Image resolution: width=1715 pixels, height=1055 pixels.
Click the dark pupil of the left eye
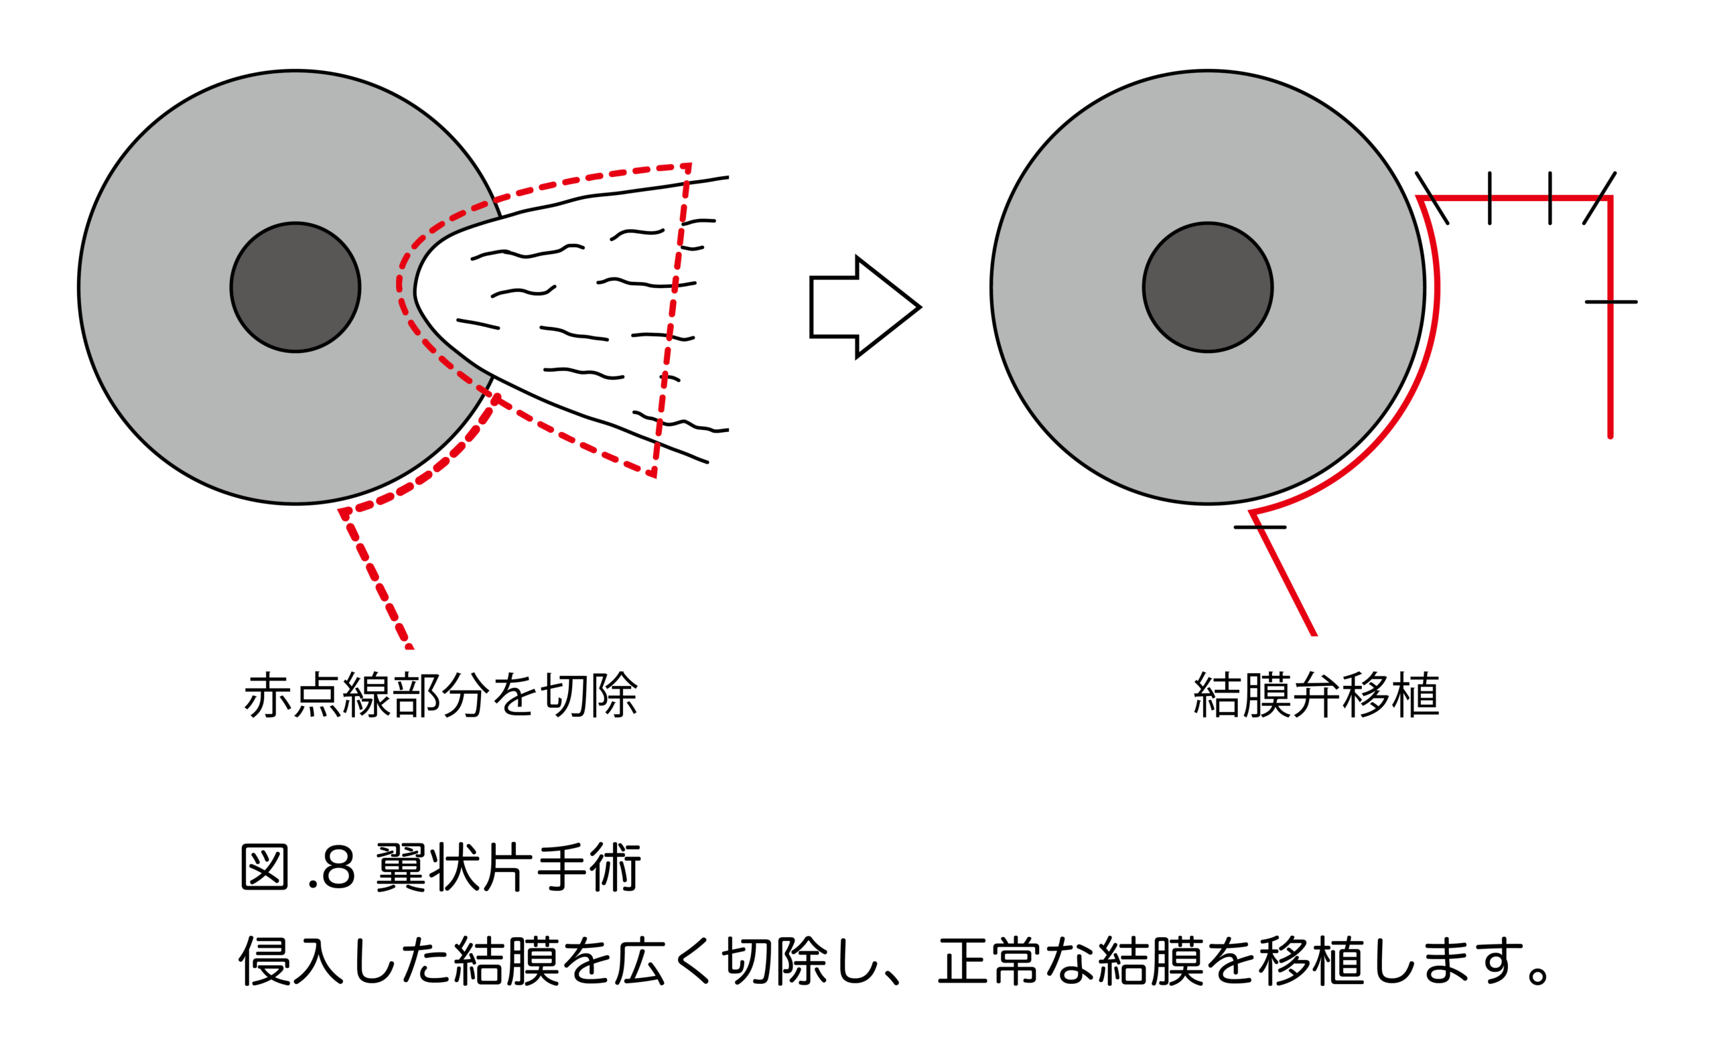[295, 287]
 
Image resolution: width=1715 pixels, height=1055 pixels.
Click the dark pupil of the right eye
[1207, 287]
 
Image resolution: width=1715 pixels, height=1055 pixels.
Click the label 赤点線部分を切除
[440, 695]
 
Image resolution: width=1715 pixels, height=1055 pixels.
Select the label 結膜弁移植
[1316, 695]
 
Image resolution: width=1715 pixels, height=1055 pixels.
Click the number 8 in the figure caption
[338, 868]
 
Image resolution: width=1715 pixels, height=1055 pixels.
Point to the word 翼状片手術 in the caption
[508, 868]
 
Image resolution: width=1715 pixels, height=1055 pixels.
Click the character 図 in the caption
[265, 868]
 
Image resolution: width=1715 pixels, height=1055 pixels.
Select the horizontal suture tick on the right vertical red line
[1610, 302]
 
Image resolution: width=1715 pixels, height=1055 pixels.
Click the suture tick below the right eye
[1259, 526]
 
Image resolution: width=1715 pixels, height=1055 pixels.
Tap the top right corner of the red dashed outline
[689, 166]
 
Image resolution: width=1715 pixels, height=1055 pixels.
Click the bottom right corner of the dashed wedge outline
[654, 474]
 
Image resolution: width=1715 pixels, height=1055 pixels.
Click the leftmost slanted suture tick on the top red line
[1432, 198]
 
